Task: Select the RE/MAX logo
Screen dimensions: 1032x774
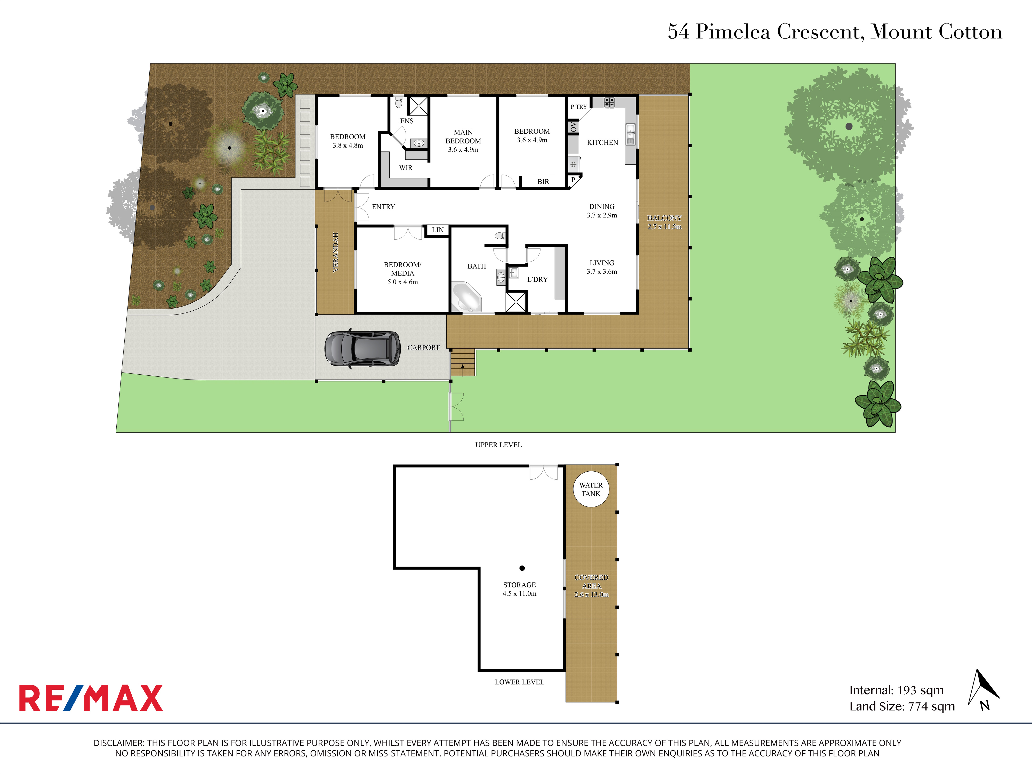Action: point(91,698)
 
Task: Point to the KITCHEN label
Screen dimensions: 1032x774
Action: point(602,143)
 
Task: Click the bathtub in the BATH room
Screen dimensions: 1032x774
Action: point(466,297)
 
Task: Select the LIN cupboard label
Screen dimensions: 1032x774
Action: point(438,230)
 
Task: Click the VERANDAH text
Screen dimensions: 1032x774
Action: point(335,252)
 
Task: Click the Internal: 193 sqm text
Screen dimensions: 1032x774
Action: point(896,690)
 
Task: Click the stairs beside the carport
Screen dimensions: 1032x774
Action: point(463,362)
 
